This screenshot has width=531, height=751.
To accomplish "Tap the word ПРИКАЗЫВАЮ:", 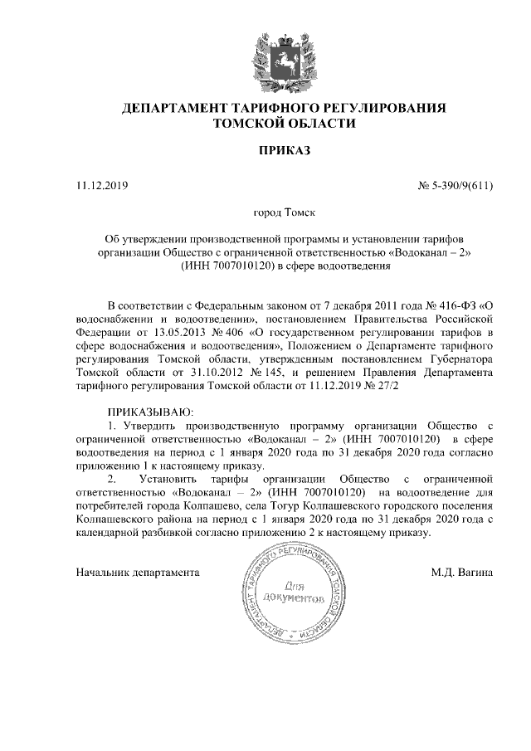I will (x=150, y=412).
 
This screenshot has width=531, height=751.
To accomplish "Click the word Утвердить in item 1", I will (x=153, y=427).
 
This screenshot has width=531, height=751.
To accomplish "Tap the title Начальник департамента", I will (x=138, y=572).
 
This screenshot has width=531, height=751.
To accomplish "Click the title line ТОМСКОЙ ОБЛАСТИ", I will (x=284, y=124).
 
